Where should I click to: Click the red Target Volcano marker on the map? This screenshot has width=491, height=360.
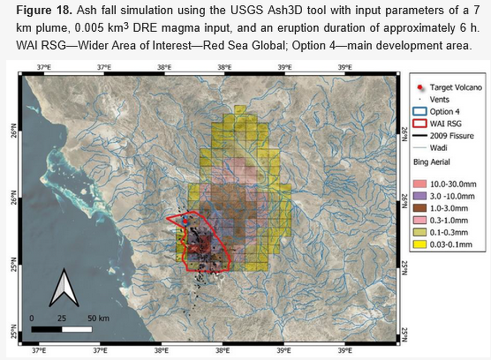click(x=185, y=221)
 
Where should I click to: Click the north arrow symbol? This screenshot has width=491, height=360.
click(x=64, y=287)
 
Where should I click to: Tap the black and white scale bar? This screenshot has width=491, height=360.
click(x=62, y=329)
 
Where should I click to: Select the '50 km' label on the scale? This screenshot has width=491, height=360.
click(x=98, y=319)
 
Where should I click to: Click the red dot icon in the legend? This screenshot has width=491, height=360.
click(x=420, y=87)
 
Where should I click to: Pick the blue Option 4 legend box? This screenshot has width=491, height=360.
click(x=420, y=112)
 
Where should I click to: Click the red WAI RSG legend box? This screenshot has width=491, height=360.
click(x=420, y=124)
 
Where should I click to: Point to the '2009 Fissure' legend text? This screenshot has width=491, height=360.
click(x=452, y=136)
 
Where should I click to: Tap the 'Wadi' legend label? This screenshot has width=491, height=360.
click(x=439, y=148)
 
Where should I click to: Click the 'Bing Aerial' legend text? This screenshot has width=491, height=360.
click(x=432, y=162)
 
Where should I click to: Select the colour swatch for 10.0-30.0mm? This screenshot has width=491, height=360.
click(x=420, y=184)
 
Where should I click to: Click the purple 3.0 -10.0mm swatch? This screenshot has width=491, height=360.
click(x=420, y=196)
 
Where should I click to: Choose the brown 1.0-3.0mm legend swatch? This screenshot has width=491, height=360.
click(x=420, y=208)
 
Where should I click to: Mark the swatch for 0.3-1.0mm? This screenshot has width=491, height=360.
click(x=420, y=220)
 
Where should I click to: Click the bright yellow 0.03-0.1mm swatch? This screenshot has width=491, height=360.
click(x=420, y=244)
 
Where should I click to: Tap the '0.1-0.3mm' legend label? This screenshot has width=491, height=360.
click(x=449, y=232)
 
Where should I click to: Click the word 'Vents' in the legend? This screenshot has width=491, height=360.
click(x=439, y=100)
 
